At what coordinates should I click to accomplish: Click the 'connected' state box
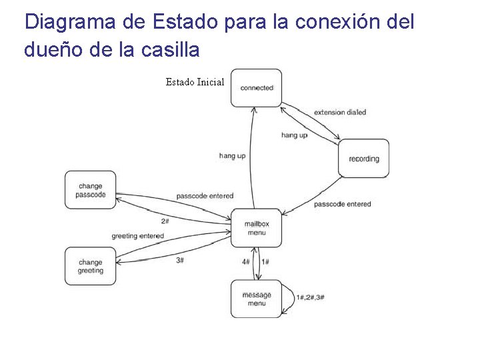coord(256,87)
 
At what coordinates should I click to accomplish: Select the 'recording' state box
coord(363,159)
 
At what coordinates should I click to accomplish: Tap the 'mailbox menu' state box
coord(256,228)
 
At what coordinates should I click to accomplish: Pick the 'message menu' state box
coord(256,299)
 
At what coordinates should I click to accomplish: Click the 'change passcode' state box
coord(90,190)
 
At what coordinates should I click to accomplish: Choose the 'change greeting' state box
coord(90,266)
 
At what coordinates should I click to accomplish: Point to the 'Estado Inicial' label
coord(195,82)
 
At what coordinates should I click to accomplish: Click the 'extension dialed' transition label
coord(340,112)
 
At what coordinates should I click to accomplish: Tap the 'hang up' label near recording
coord(294,135)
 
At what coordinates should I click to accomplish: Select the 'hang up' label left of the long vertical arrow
coord(232,155)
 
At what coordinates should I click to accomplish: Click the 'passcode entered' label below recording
coord(342,203)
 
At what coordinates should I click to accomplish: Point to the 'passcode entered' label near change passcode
coord(205,196)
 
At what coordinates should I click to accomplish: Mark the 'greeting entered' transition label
coord(137,236)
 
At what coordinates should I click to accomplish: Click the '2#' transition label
coord(165,221)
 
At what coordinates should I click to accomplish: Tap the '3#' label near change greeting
coord(180,260)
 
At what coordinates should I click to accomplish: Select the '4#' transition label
coord(246,262)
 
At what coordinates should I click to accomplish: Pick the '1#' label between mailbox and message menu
coord(265,262)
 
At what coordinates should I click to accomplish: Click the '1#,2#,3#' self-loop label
coord(311,297)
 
